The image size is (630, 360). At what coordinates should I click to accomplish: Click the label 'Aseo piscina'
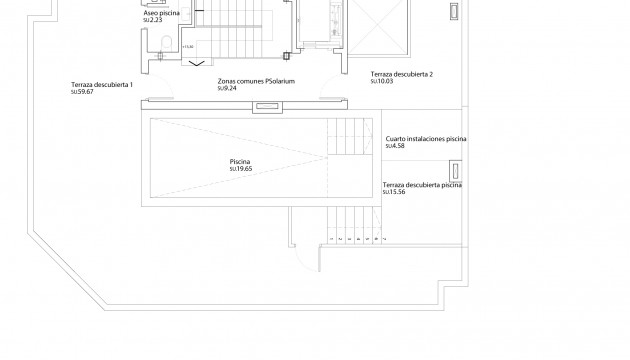click(161, 12)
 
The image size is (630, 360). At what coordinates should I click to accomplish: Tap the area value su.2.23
click(153, 20)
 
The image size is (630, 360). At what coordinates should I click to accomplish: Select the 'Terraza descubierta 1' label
click(102, 84)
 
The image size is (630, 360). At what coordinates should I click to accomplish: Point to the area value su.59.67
click(82, 92)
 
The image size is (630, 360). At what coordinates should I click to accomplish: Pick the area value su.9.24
click(228, 90)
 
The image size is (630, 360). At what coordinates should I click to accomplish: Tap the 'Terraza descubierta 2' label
click(401, 74)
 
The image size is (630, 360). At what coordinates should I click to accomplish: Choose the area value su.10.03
click(381, 82)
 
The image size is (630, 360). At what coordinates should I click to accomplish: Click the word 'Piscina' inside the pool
click(239, 161)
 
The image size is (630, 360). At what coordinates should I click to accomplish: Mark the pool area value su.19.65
click(240, 169)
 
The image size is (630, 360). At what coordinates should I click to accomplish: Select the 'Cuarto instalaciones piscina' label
click(426, 140)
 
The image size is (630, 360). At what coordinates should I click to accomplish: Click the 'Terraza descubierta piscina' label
click(422, 185)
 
